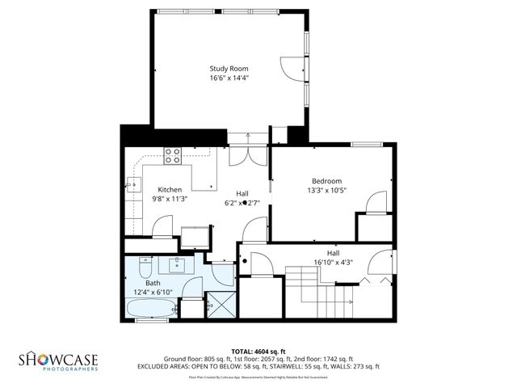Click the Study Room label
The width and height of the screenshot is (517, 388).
(229, 69)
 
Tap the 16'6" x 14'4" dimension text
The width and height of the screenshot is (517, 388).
(229, 78)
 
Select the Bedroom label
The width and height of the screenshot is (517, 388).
(326, 180)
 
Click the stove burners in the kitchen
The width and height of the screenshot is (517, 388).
(172, 154)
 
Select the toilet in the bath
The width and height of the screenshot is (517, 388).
(145, 266)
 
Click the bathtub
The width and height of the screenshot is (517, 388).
(150, 309)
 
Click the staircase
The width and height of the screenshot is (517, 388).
(319, 296)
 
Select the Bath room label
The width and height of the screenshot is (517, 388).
(153, 283)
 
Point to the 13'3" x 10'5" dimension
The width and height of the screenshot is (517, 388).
(326, 191)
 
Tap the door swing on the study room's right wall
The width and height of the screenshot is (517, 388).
(290, 69)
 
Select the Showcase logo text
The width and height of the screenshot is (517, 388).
(58, 359)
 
